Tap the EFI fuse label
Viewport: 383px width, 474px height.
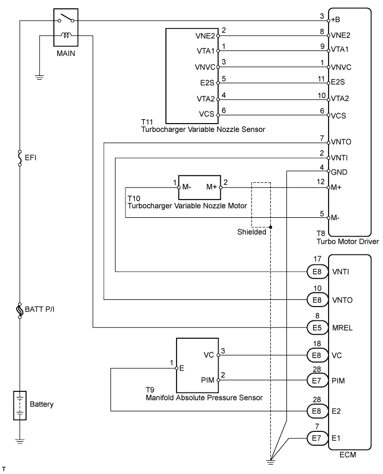point(31,158)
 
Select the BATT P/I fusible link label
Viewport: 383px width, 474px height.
point(39,311)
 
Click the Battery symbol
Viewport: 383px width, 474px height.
point(20,405)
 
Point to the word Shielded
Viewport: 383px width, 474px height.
point(251,232)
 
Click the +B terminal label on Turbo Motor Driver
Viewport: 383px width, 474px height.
point(336,20)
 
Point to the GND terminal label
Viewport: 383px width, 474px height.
point(339,171)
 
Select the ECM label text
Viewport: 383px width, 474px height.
point(347,455)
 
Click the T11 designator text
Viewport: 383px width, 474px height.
point(148,122)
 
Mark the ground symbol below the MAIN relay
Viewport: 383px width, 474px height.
point(39,77)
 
